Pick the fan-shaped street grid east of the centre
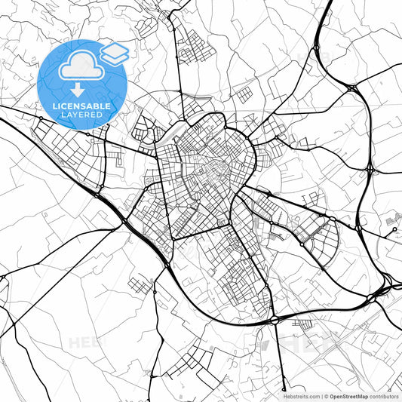tap(321, 238)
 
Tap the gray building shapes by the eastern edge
tap(392, 219)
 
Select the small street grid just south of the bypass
tap(305, 325)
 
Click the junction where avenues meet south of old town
tap(229, 225)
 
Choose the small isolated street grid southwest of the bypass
tap(140, 286)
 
